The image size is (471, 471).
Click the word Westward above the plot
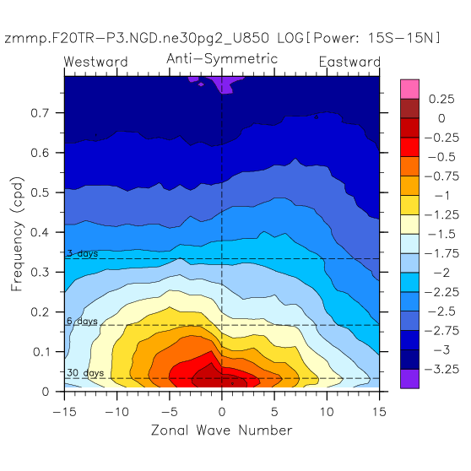tap(96, 62)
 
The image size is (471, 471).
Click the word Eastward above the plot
tap(349, 62)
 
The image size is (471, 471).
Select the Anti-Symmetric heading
tap(222, 58)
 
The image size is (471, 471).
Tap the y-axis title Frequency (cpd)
tap(17, 234)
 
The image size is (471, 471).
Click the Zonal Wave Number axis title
tap(222, 430)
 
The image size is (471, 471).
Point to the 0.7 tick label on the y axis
tap(40, 113)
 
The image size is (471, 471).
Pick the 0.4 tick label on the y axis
tap(40, 232)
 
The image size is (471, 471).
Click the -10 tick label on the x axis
tap(116, 412)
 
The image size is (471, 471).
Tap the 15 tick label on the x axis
tap(379, 412)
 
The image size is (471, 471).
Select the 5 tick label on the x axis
tap(274, 412)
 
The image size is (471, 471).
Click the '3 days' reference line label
tap(83, 253)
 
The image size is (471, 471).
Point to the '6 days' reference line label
tap(83, 321)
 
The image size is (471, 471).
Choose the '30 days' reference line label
tap(85, 373)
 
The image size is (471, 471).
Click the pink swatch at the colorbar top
tap(409, 89)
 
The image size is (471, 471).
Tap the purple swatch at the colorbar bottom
tap(409, 379)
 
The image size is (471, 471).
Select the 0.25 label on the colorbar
tap(441, 99)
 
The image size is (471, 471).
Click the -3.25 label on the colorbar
tap(441, 369)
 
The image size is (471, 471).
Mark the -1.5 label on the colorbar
tap(441, 234)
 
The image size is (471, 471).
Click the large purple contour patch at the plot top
tap(225, 84)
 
